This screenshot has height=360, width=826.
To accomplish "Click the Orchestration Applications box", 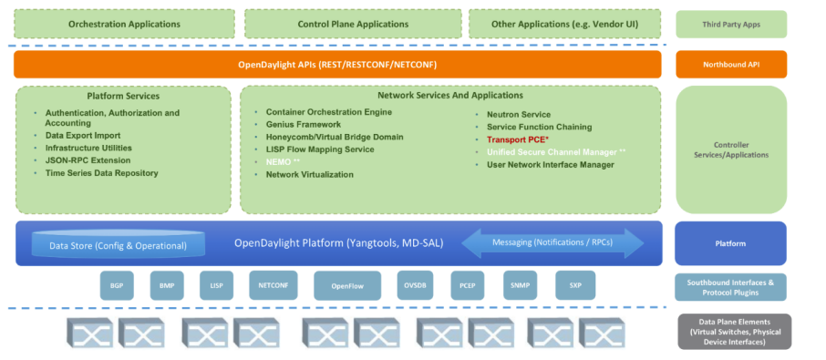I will coord(124,25).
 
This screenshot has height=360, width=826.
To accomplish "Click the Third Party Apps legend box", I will coord(730,25).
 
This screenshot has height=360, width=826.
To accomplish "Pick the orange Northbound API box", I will coord(730,65).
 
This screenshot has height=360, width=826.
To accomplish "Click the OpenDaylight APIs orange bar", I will coord(337,65).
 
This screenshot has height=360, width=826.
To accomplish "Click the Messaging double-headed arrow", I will coord(552,242).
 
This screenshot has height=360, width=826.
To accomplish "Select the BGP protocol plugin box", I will coord(117,285).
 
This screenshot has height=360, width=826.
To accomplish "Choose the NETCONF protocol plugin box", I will coord(273,285).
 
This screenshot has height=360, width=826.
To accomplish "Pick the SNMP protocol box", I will coord(520,285).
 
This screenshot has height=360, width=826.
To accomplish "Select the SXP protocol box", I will coord(574,285).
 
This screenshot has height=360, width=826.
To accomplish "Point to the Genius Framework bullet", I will coord(304,124).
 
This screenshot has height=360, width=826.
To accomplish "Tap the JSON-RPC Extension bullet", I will coord(88,159).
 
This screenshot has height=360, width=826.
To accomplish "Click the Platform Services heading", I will coord(123,96).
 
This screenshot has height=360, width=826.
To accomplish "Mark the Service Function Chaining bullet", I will coord(539,127).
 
